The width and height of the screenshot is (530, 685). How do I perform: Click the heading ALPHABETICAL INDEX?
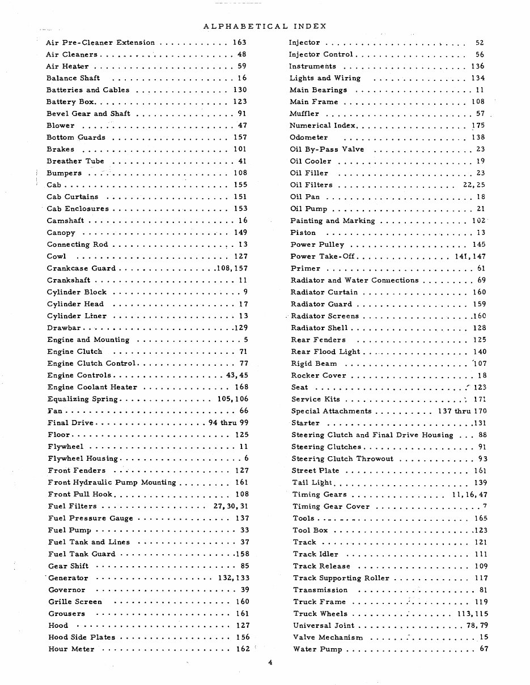[264, 26]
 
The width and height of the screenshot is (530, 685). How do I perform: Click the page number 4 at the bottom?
[271, 665]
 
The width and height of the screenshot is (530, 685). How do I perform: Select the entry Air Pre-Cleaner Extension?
[100, 42]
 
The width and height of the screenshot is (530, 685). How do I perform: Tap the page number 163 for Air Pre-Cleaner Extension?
[239, 42]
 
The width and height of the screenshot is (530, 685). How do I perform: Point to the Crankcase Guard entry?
[81, 268]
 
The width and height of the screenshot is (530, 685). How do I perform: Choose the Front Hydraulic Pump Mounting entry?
[112, 482]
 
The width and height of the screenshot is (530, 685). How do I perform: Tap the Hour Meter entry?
[71, 649]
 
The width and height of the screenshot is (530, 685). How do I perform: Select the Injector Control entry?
[321, 54]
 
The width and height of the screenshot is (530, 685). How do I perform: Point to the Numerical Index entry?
[323, 126]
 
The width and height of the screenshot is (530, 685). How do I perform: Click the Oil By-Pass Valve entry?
[327, 149]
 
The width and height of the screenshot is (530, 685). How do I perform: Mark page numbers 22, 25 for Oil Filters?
[473, 185]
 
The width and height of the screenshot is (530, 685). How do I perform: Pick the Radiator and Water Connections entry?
[354, 280]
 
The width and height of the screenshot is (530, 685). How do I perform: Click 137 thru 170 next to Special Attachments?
[462, 411]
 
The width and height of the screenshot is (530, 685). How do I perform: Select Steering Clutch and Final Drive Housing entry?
[372, 435]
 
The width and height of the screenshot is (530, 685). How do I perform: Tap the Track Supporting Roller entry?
[341, 578]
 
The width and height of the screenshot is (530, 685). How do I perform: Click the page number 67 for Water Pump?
[483, 649]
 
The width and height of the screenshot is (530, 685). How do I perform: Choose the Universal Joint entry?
[324, 626]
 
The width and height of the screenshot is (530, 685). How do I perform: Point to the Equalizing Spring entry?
[83, 399]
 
